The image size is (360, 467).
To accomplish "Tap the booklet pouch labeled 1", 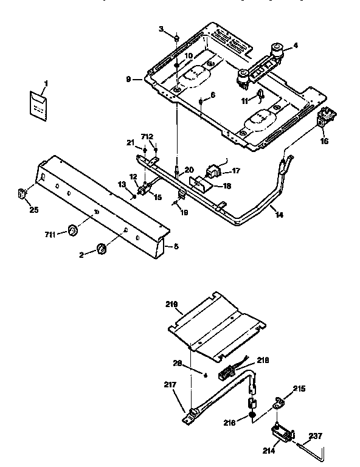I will tap(39, 103).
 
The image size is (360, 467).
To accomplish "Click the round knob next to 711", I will tap(73, 230).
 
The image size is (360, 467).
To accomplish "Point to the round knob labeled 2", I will tap(102, 248).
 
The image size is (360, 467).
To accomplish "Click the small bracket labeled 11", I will tap(260, 94).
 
